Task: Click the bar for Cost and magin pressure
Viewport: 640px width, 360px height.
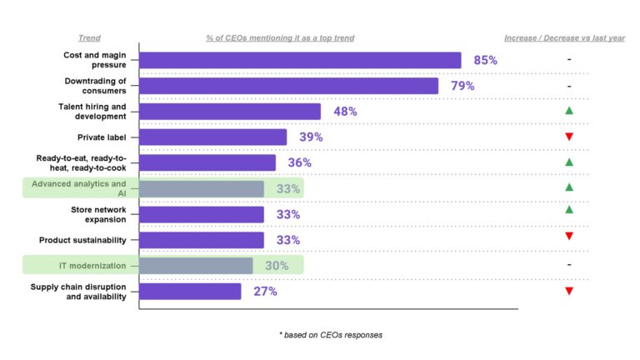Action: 300,60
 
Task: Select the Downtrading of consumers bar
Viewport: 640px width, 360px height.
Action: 288,86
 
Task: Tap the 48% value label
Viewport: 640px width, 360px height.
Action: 345,112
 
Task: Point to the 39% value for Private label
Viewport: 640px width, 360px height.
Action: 311,137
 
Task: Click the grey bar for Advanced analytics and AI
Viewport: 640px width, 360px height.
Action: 202,188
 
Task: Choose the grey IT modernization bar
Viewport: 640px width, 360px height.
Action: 196,266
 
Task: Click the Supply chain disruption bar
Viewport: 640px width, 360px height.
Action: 190,292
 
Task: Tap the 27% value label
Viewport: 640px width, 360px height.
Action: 266,292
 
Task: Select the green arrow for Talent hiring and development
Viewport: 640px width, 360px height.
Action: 568,110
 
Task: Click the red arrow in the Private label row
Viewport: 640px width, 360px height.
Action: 568,137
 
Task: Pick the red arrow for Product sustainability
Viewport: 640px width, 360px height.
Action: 568,237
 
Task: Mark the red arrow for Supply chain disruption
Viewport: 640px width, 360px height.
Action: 568,291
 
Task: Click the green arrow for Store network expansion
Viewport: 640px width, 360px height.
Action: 568,210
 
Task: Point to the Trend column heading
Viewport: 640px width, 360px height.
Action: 89,38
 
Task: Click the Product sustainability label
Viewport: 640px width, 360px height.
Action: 82,240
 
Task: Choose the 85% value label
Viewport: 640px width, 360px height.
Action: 485,60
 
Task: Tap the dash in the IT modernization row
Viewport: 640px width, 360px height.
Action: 568,265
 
